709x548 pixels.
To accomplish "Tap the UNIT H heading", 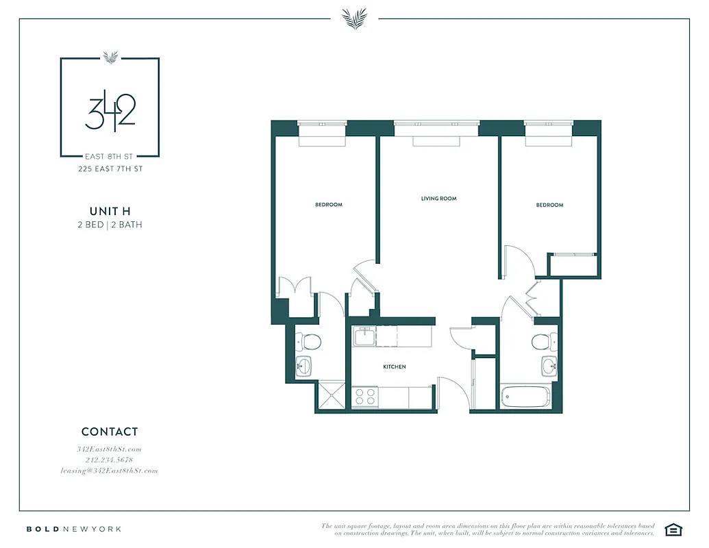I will coord(110,211).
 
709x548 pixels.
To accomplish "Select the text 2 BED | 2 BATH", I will coord(110,225).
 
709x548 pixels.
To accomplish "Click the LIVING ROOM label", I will coord(438,199).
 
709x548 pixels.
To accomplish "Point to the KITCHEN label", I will coord(394,367).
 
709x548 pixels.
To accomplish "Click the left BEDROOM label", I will coord(329,205).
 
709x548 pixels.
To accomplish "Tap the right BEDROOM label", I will coord(549,205).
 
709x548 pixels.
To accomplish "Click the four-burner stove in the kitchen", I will coord(364,397).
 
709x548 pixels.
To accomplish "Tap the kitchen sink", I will coord(363,336).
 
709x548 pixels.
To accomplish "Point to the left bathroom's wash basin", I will coord(303,366).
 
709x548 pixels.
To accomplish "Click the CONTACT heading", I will coord(110,432).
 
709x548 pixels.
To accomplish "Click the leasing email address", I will coord(110,471).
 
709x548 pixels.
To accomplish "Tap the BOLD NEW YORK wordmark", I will coord(74,529).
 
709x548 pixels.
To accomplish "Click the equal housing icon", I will coord(674,529).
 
